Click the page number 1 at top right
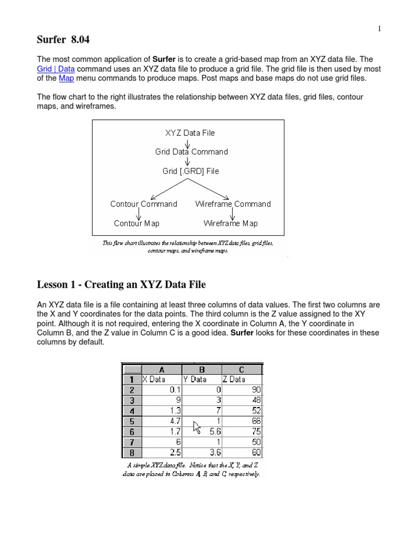coord(380,29)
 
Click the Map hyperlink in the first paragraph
coord(66,78)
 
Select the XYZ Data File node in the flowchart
coord(190,133)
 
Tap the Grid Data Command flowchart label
coord(191,152)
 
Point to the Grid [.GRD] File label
coord(191,171)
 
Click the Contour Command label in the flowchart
coord(144,204)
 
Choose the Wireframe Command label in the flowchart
coord(233,204)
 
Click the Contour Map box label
coord(136,223)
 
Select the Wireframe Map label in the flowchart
coord(230,223)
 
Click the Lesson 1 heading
coord(121,284)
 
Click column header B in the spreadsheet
coord(202,370)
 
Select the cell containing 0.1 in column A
coord(161,389)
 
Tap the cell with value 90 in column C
coord(242,389)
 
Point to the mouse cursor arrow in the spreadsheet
coord(197,427)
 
